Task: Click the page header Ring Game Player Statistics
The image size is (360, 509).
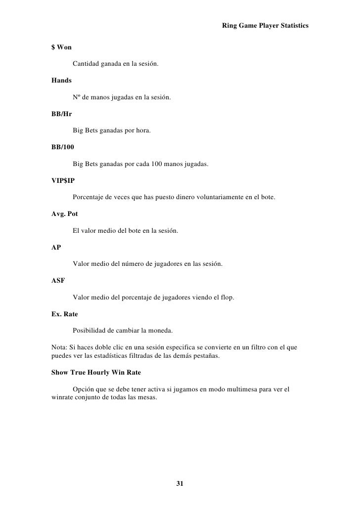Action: click(x=265, y=25)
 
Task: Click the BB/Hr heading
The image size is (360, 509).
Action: click(x=62, y=113)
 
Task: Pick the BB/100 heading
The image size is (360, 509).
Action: click(x=63, y=147)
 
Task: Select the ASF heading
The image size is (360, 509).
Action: click(x=58, y=280)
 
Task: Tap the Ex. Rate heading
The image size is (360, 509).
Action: click(x=64, y=314)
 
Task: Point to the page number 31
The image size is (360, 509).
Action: click(x=180, y=483)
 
